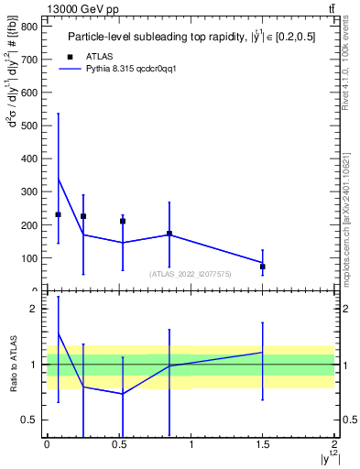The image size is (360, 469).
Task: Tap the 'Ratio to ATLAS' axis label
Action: point(13,365)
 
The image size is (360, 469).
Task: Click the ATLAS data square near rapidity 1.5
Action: point(263,267)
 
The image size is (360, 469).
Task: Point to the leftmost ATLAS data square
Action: point(58,214)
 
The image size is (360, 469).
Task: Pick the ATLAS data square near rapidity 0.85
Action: point(169,234)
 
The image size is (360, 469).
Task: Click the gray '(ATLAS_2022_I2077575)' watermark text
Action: point(191,273)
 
